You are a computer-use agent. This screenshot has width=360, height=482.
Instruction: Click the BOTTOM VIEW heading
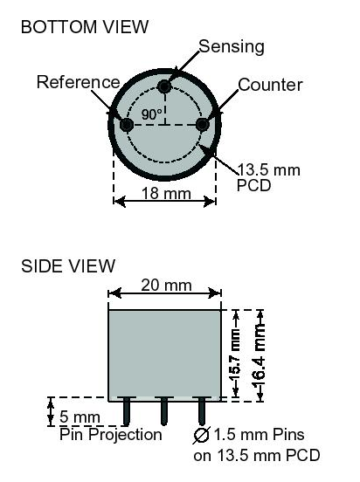(85, 27)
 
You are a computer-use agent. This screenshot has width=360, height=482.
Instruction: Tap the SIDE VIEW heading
(68, 266)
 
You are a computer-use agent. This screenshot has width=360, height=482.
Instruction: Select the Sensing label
(232, 47)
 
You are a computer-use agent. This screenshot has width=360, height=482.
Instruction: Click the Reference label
(78, 82)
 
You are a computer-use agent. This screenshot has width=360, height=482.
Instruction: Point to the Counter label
(270, 85)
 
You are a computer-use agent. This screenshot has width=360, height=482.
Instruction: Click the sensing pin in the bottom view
(164, 86)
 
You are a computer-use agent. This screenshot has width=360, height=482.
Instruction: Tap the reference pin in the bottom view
(126, 125)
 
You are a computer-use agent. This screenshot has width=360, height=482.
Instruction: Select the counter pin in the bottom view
(202, 125)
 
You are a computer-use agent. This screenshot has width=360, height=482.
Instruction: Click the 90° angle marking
(152, 114)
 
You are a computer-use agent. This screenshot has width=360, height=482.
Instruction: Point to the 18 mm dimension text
(166, 193)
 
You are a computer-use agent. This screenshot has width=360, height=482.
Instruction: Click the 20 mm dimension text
(166, 286)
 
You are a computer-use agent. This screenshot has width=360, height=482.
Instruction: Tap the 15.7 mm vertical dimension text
(235, 355)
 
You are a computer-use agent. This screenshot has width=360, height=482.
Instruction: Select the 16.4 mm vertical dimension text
(259, 355)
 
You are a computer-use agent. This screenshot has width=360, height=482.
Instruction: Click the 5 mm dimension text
(80, 417)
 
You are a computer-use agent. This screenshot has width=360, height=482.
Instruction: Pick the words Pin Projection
(111, 435)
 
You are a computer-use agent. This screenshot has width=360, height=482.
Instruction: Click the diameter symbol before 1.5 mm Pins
(202, 435)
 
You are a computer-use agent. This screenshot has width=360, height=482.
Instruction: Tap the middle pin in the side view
(164, 411)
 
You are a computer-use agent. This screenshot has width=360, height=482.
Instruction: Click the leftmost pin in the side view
(126, 411)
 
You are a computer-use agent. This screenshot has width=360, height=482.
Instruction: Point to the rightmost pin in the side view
(202, 411)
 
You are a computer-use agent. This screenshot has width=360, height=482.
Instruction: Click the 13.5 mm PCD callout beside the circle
(268, 177)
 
